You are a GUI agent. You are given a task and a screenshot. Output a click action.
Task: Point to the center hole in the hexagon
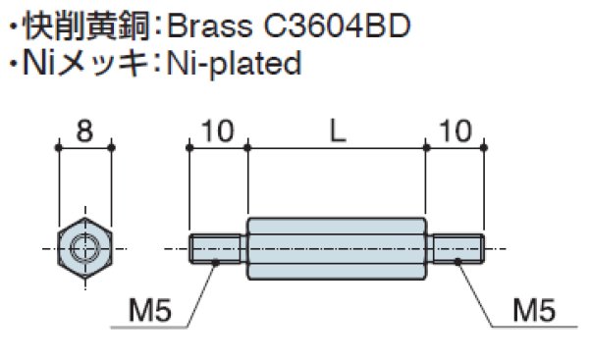click(85, 248)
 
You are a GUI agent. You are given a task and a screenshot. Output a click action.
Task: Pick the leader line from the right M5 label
click(479, 294)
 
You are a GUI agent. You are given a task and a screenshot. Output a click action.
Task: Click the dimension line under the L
click(337, 147)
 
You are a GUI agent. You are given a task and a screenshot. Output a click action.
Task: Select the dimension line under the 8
click(84, 147)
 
